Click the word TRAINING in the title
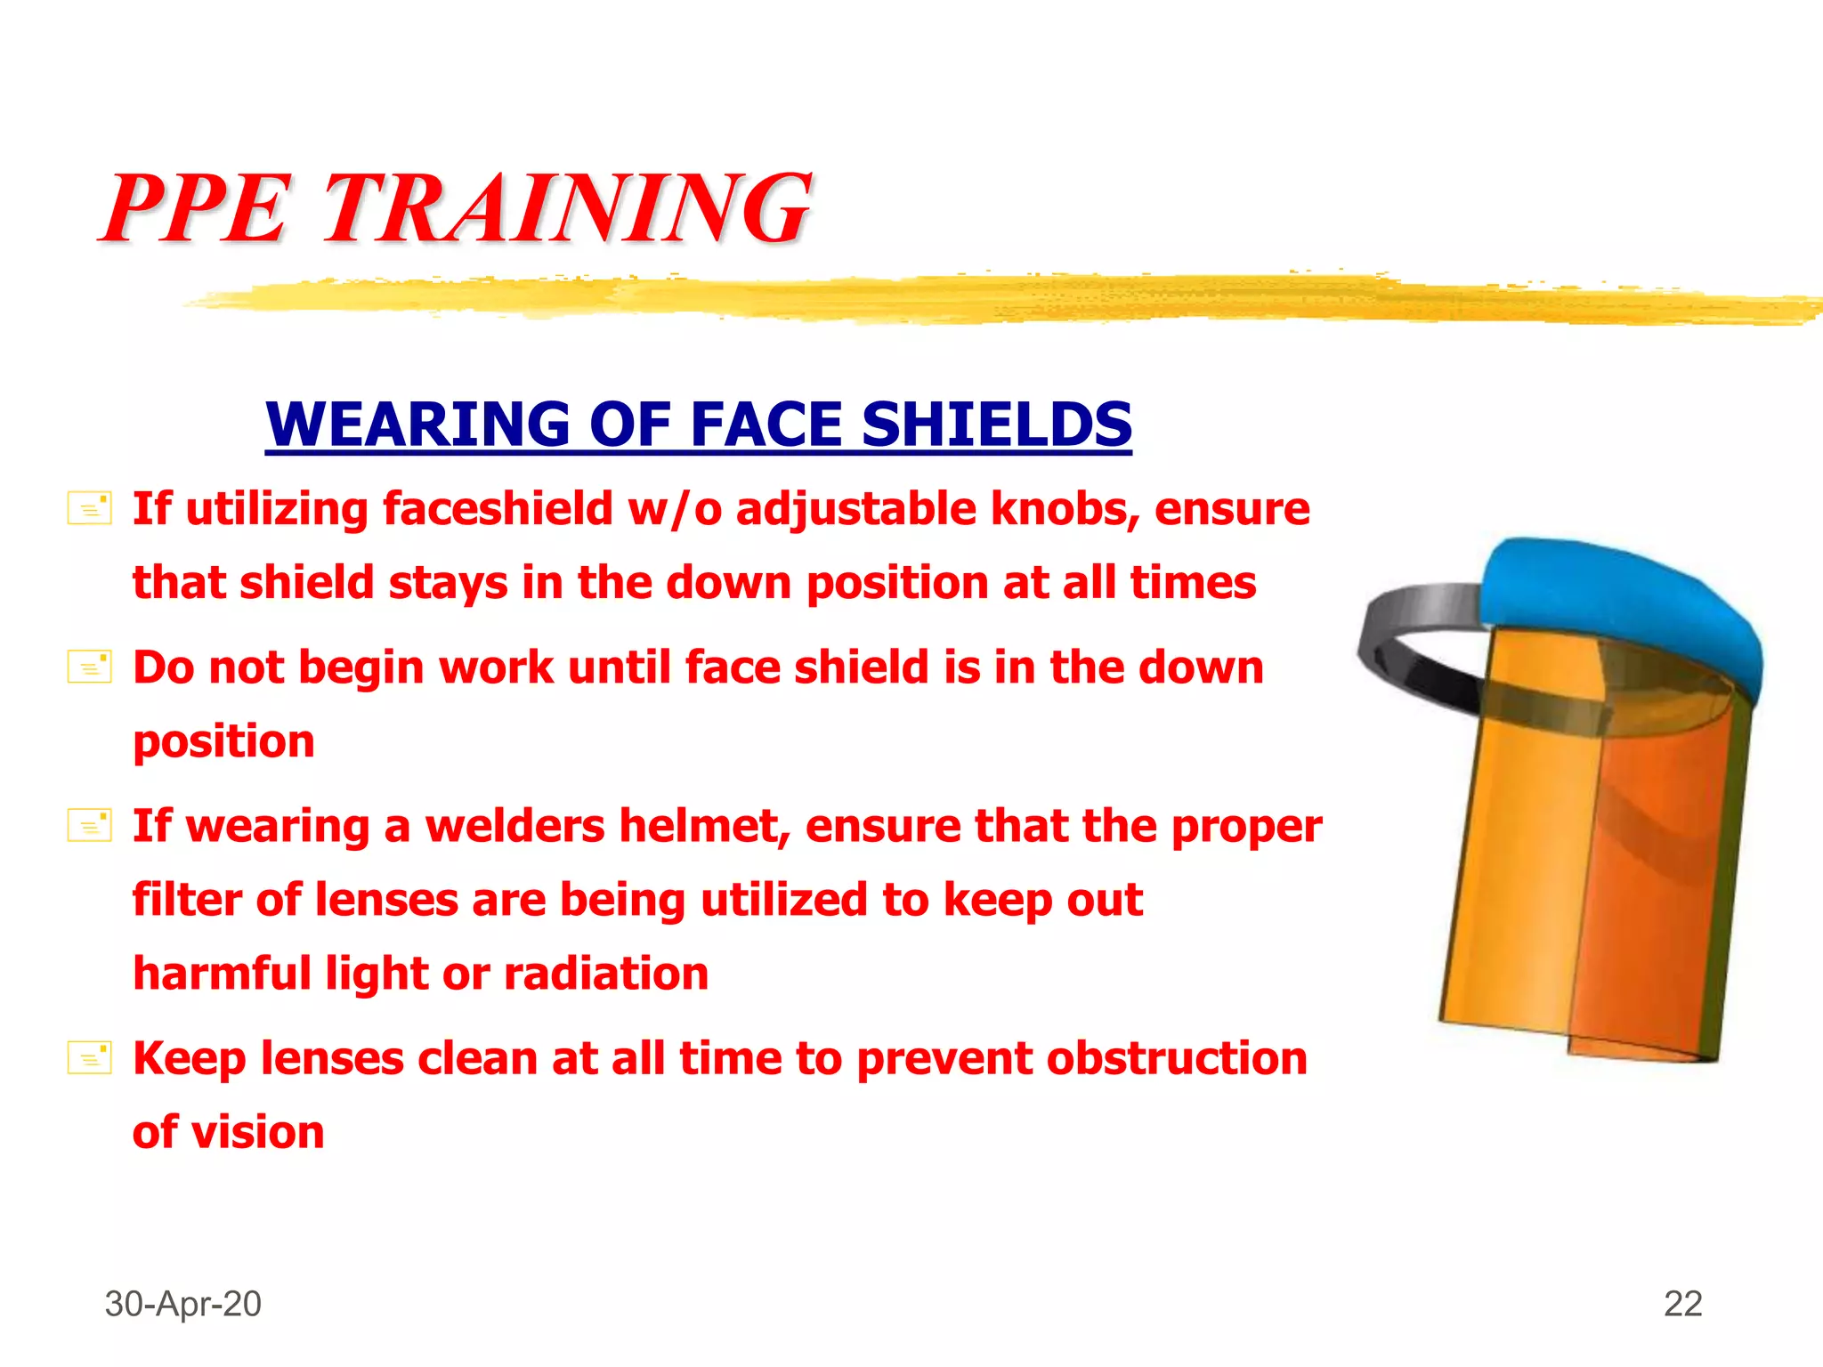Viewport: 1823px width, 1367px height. point(566,209)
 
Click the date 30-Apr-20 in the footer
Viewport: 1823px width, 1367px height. point(182,1304)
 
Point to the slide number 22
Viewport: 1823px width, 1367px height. point(1682,1304)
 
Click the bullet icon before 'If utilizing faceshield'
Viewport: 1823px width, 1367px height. point(90,508)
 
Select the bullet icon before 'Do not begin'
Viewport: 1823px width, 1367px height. point(90,667)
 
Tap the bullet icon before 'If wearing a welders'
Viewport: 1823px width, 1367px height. point(90,825)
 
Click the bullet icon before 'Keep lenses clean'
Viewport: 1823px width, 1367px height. point(90,1057)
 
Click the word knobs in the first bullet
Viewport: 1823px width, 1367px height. point(1065,509)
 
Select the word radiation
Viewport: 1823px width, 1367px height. point(605,973)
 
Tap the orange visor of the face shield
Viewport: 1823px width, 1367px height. point(1584,872)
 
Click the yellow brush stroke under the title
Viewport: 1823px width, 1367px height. point(979,298)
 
